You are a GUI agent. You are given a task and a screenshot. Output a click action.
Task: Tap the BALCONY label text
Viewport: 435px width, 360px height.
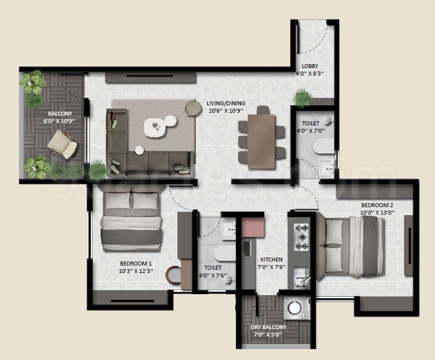tap(60, 113)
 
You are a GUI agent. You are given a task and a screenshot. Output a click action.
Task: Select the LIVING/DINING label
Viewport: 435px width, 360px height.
tap(225, 104)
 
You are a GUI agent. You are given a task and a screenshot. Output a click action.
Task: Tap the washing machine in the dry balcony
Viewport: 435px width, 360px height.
tap(295, 308)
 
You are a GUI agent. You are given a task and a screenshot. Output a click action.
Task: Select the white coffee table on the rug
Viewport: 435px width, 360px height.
tap(154, 127)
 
